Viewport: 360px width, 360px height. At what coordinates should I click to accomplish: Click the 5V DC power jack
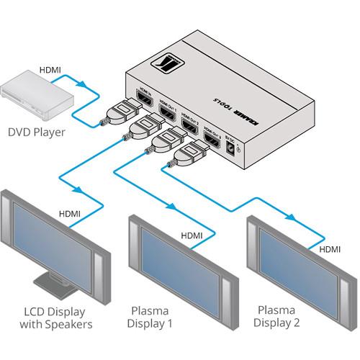click(233, 147)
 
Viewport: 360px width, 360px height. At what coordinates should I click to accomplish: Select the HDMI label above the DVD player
click(50, 70)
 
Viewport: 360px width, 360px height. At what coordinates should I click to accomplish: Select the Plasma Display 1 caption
click(151, 318)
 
